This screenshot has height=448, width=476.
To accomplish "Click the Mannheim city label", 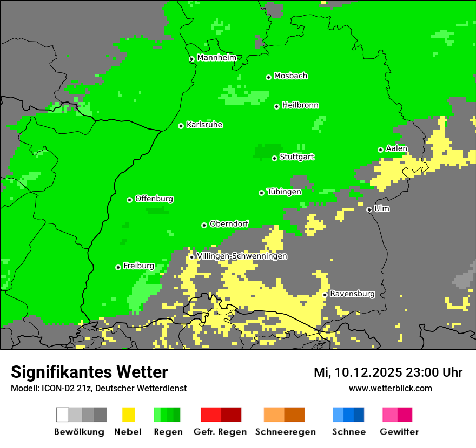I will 216,57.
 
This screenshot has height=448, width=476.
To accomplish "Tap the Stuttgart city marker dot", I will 275,158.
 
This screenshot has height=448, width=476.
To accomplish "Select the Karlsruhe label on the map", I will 204,125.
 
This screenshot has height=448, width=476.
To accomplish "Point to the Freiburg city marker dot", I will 118,267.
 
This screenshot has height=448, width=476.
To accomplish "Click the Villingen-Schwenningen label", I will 242,256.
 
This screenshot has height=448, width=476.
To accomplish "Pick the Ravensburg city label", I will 352,294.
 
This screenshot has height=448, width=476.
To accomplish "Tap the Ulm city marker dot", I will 369,209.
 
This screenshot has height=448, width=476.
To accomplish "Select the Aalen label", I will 396,148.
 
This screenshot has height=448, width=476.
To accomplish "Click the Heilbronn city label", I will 300,105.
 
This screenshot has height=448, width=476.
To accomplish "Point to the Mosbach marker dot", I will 268,77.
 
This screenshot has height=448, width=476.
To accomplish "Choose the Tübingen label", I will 284,192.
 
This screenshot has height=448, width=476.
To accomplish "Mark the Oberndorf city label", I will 229,223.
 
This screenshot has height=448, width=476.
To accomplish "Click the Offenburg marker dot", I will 130,200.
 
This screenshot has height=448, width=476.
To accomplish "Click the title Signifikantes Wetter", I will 89,372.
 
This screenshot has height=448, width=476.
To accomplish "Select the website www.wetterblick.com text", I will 390,388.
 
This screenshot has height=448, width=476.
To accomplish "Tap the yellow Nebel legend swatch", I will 128,415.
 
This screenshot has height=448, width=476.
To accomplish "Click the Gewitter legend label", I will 399,432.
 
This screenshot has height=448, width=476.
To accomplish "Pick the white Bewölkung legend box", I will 63,415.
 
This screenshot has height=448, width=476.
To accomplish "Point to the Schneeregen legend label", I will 285,432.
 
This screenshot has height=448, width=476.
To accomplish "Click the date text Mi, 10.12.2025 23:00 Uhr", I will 388,372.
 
